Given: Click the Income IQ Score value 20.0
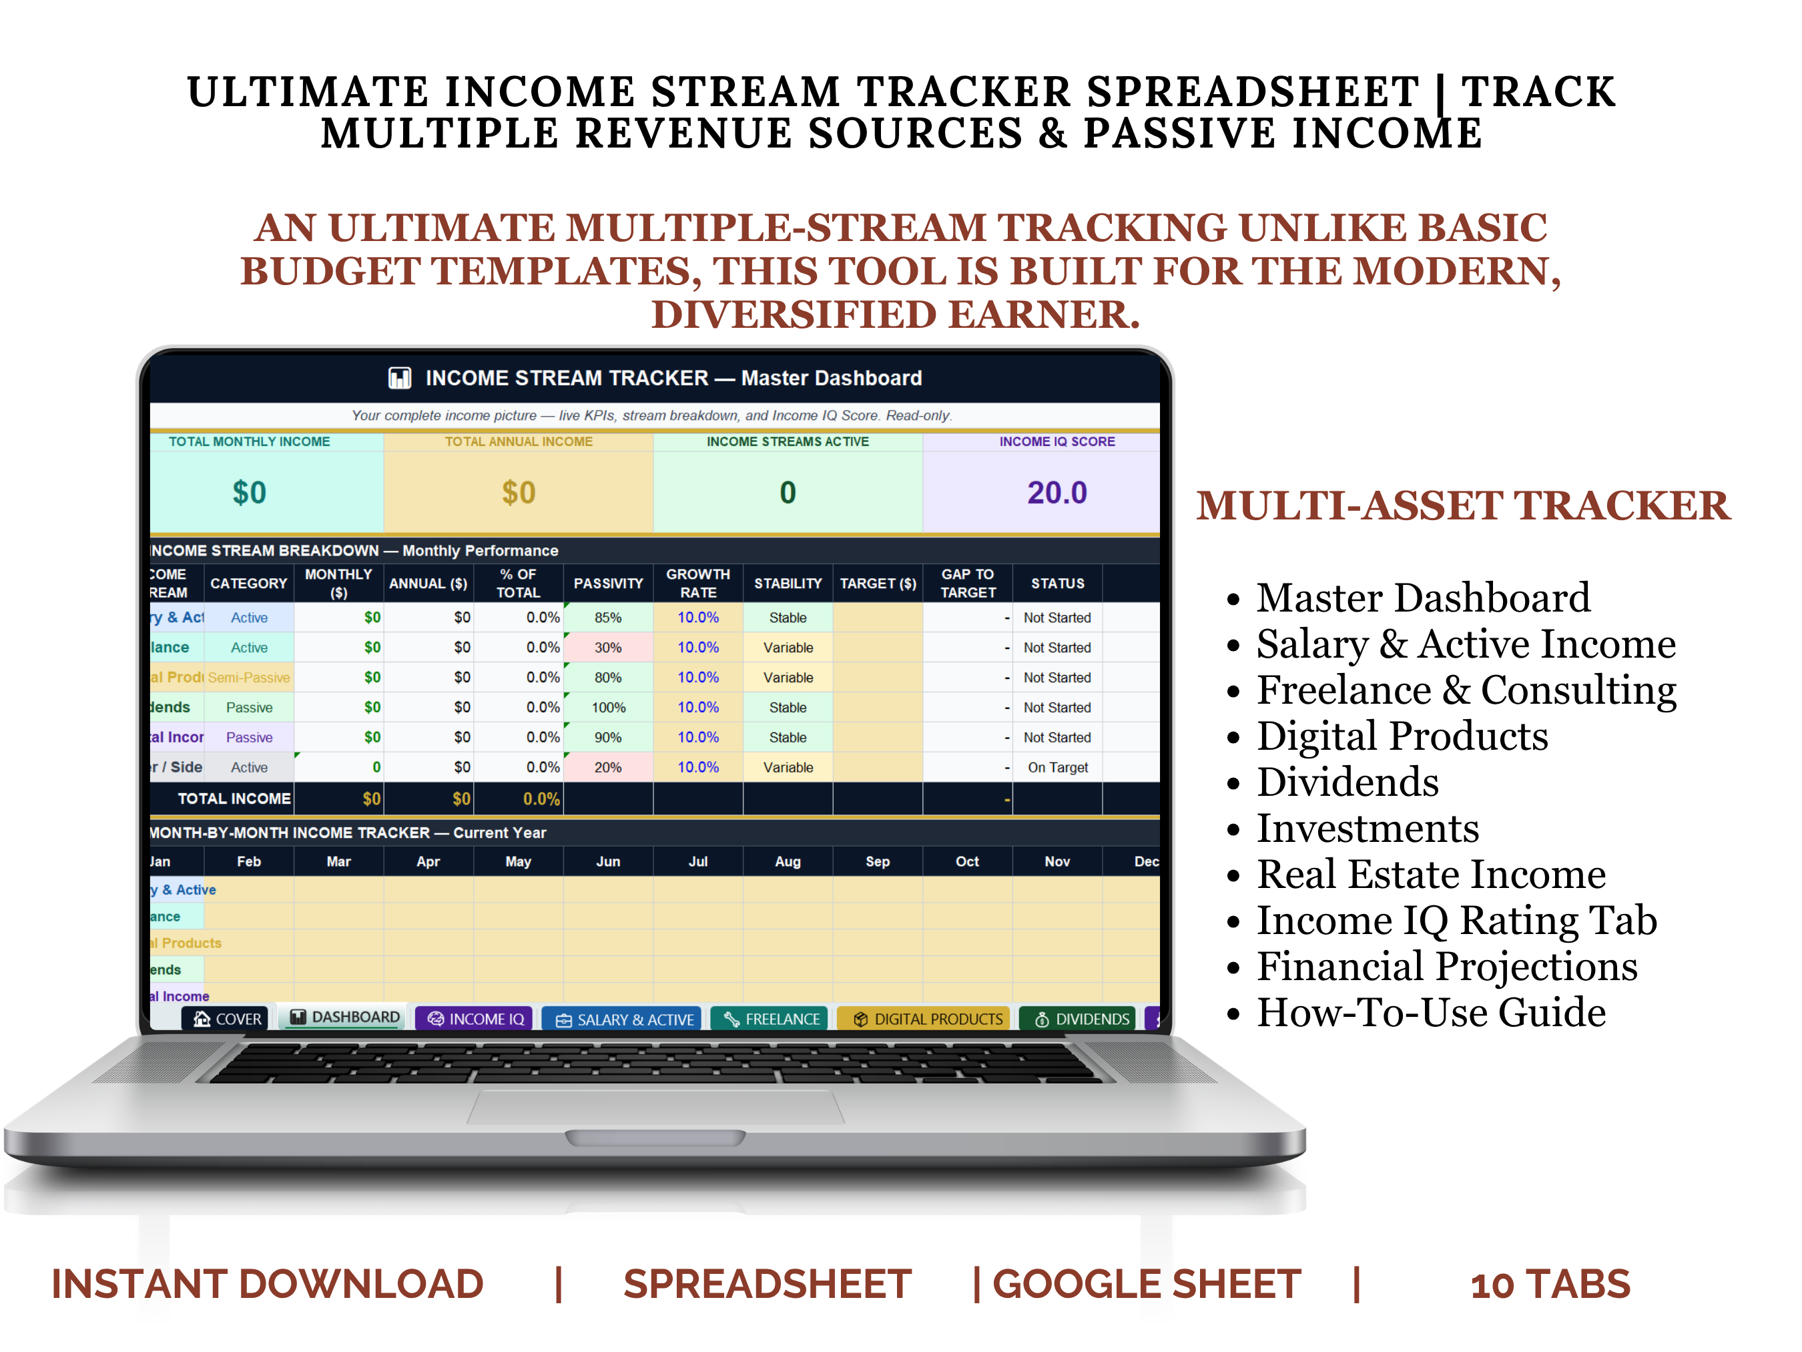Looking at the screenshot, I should coord(1056,492).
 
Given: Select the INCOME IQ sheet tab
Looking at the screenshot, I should coord(476,1019).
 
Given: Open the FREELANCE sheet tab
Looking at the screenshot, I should coord(771,1019).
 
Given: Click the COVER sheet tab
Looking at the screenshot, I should coord(228,1019).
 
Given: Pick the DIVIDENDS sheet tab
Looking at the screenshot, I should coord(1081,1019).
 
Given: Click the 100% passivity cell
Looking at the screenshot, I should coord(608,707).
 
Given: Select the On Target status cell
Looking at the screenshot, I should coord(1057,767).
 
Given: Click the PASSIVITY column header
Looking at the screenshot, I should coord(608,584).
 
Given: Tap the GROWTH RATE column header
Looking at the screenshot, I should coord(697,584).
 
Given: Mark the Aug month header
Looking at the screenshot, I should coord(787,861).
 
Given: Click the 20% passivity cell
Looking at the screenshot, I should coord(608,767).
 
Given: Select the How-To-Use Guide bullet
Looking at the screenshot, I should coord(1430,1012).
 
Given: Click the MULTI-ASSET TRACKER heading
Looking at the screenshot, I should coord(1462,505).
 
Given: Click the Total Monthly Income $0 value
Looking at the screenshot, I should coord(250,492).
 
